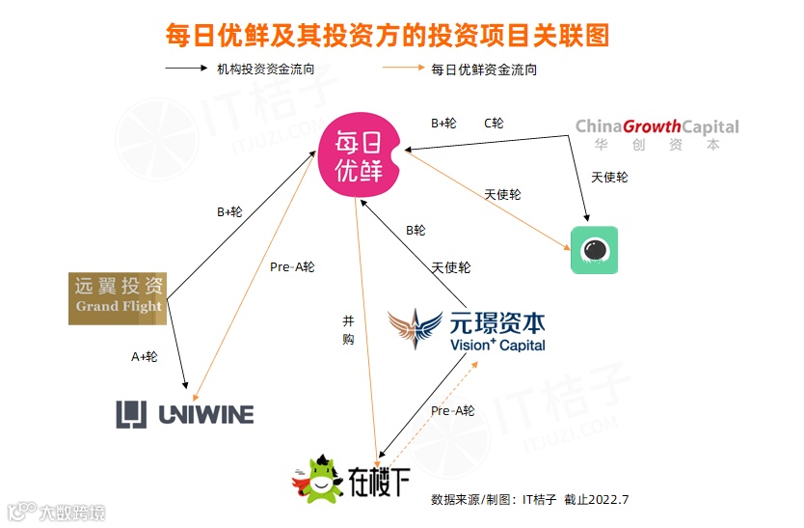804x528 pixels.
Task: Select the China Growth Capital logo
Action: (x=657, y=134)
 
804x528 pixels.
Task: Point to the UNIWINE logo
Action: (x=185, y=414)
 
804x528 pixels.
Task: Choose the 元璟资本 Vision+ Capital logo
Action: (x=468, y=330)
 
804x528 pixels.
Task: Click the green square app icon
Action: (x=594, y=250)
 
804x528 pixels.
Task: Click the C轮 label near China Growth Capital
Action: (x=494, y=123)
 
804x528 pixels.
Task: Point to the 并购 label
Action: (x=348, y=329)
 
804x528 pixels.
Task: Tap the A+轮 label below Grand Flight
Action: (x=145, y=356)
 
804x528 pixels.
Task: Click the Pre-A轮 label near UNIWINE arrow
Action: (x=292, y=266)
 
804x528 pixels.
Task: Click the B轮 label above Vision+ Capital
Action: (x=415, y=230)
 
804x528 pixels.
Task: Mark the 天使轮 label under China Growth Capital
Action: (x=609, y=178)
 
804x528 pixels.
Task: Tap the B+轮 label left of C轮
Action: (x=443, y=123)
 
